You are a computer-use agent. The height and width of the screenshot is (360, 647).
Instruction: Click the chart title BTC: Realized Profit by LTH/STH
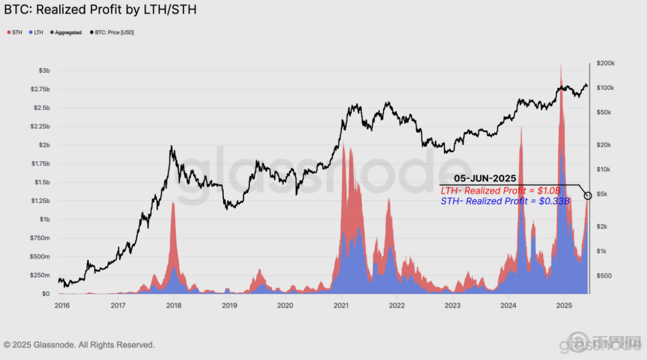pos(100,10)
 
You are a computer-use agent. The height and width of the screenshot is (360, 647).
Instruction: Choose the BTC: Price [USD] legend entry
pos(112,33)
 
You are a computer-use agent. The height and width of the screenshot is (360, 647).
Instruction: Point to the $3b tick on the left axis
pos(44,70)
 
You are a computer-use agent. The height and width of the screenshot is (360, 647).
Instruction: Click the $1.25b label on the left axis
pos(41,201)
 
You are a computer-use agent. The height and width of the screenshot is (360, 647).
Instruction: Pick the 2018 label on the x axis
pos(174,306)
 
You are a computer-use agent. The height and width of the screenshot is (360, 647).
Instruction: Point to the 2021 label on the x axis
pos(341,306)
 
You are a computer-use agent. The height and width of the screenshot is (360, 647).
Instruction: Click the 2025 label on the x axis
pos(564,306)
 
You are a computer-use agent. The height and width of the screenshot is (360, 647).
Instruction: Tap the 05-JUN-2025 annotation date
pos(485,179)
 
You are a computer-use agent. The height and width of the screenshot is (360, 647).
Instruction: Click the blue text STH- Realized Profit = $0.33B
pos(504,201)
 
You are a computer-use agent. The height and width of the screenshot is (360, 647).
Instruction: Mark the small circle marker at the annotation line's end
pos(588,196)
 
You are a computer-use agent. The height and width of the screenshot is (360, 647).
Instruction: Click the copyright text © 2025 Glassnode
pos(79,345)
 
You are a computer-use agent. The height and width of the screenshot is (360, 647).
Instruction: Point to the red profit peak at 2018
pos(173,204)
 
